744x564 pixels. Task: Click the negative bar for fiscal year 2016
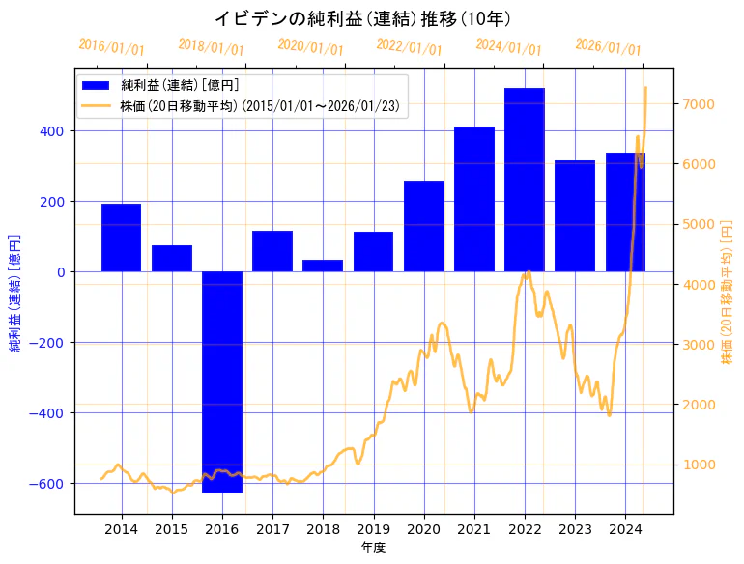pos(222,381)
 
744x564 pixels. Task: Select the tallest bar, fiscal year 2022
pos(525,180)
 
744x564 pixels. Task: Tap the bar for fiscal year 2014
pos(122,238)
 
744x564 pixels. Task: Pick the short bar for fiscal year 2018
pos(323,266)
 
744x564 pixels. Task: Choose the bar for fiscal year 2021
pos(474,199)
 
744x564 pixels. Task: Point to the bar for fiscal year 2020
pos(424,226)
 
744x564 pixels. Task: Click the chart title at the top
pos(361,18)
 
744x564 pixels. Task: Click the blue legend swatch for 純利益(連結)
pos(96,85)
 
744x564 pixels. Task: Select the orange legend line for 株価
pos(96,105)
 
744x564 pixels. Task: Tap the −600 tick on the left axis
pos(50,484)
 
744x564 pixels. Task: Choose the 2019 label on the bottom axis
pos(373,529)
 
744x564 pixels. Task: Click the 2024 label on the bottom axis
pos(625,529)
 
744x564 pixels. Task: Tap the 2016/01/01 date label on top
pos(112,47)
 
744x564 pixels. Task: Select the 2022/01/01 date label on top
pos(410,47)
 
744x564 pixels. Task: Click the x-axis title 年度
pos(373,548)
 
